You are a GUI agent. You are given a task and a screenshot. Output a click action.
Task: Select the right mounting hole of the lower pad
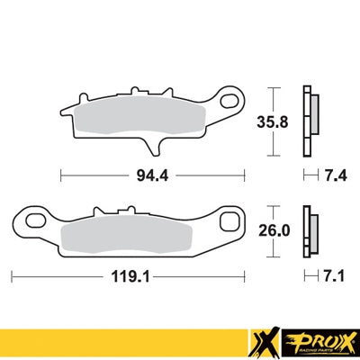coord(230,221)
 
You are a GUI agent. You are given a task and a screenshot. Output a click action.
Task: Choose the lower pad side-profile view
coord(311,231)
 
